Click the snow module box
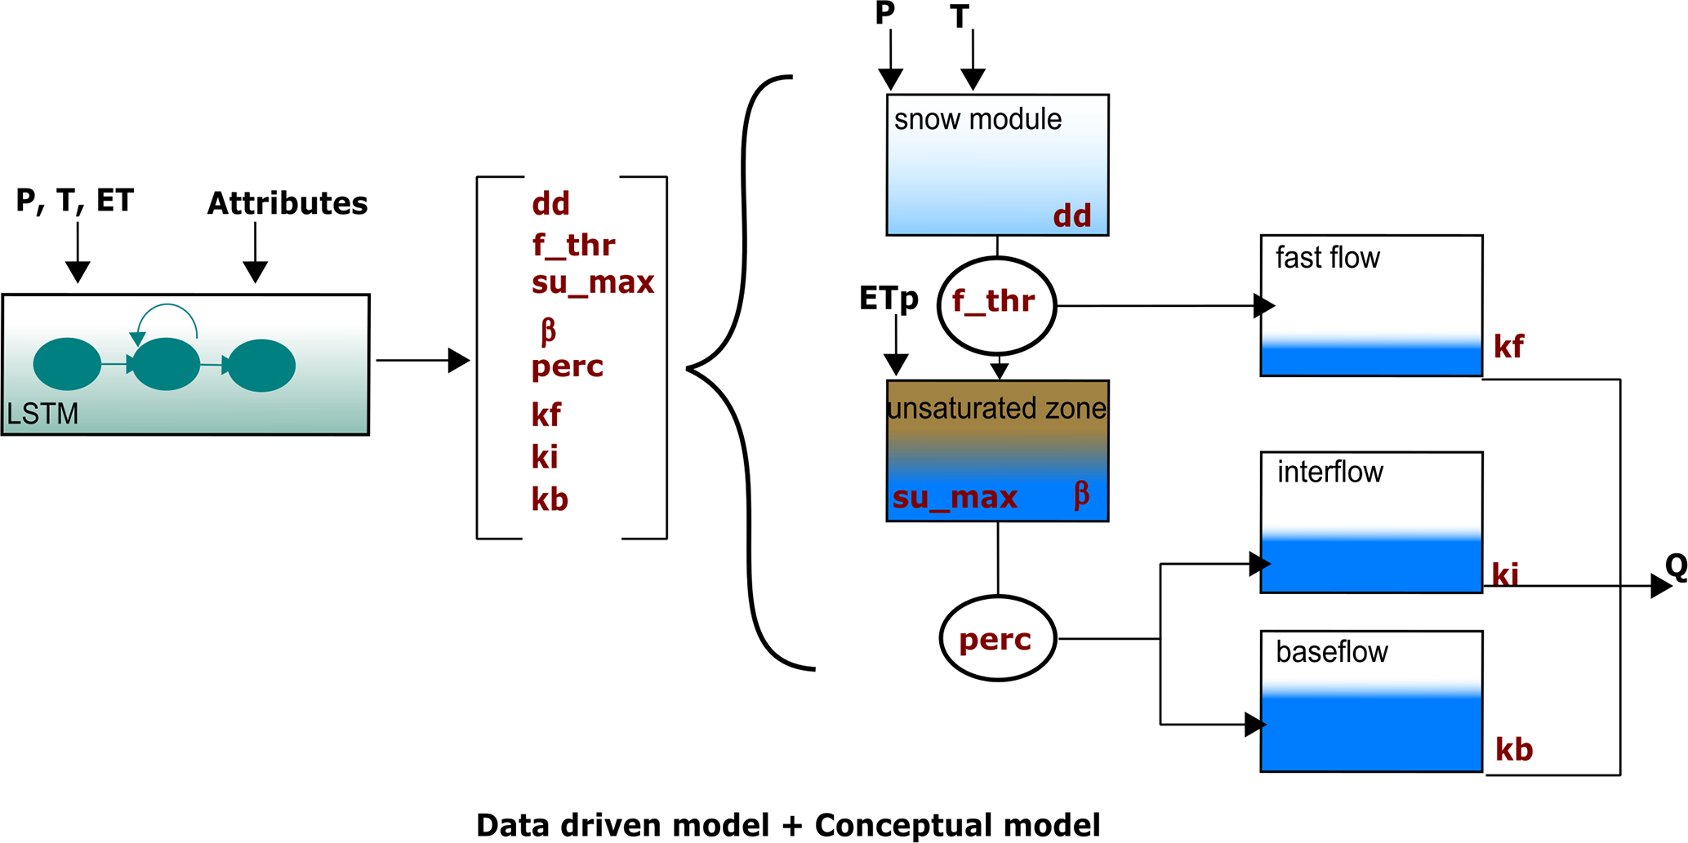click(997, 165)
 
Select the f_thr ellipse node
click(996, 305)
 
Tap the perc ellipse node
click(997, 638)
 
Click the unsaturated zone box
click(997, 450)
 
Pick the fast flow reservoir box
click(1371, 305)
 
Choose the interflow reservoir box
click(1371, 522)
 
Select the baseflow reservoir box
click(1371, 701)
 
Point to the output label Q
click(1675, 566)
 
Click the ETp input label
click(889, 299)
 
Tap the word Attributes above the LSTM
click(287, 203)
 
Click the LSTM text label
click(42, 414)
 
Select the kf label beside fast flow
click(1508, 347)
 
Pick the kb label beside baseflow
click(1514, 749)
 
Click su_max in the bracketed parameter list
click(593, 283)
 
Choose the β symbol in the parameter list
click(548, 330)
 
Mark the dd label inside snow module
click(1071, 216)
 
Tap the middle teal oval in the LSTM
click(166, 364)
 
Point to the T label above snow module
click(960, 17)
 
